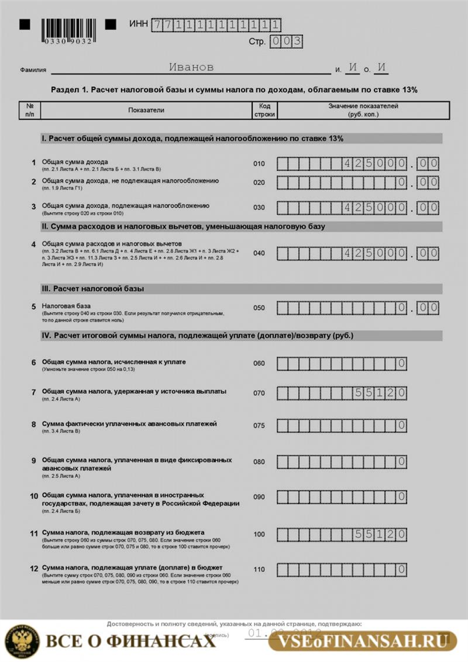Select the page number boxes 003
point(286,41)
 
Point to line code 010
point(259,163)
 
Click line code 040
point(259,253)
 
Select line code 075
point(259,425)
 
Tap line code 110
point(259,570)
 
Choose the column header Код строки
point(263,110)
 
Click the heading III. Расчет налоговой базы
point(93,289)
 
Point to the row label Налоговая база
point(62,306)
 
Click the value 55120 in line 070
point(379,393)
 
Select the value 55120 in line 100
point(379,534)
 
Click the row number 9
point(33,461)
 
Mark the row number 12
point(33,568)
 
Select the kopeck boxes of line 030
point(428,207)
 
